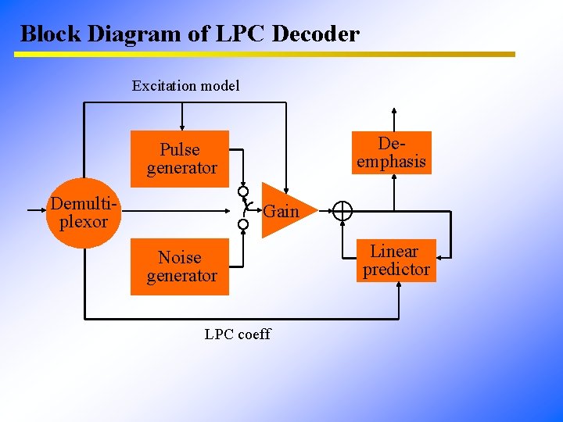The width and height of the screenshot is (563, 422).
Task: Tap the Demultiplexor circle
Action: pos(84,213)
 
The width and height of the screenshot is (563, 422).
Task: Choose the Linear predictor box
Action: pos(396,260)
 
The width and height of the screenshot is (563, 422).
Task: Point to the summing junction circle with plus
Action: pos(342,211)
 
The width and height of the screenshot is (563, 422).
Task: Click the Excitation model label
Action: pos(185,86)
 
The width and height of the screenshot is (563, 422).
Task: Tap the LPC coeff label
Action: pos(237,334)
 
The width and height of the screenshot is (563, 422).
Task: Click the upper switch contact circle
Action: pos(243,191)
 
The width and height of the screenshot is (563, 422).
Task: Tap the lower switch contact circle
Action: pos(243,224)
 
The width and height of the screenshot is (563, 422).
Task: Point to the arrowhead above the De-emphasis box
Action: pos(393,111)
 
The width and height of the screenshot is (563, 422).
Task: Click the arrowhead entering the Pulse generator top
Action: pos(182,126)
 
